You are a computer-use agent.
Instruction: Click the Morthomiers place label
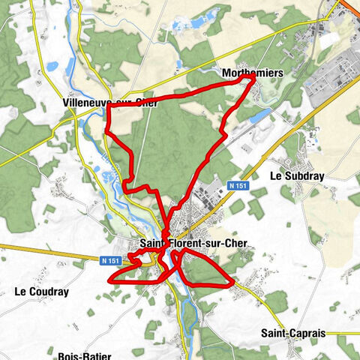point(252,73)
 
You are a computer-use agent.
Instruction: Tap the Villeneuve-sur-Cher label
point(110,103)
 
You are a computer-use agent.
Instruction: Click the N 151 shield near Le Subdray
point(238,185)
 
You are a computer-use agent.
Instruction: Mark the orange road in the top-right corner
point(352,6)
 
